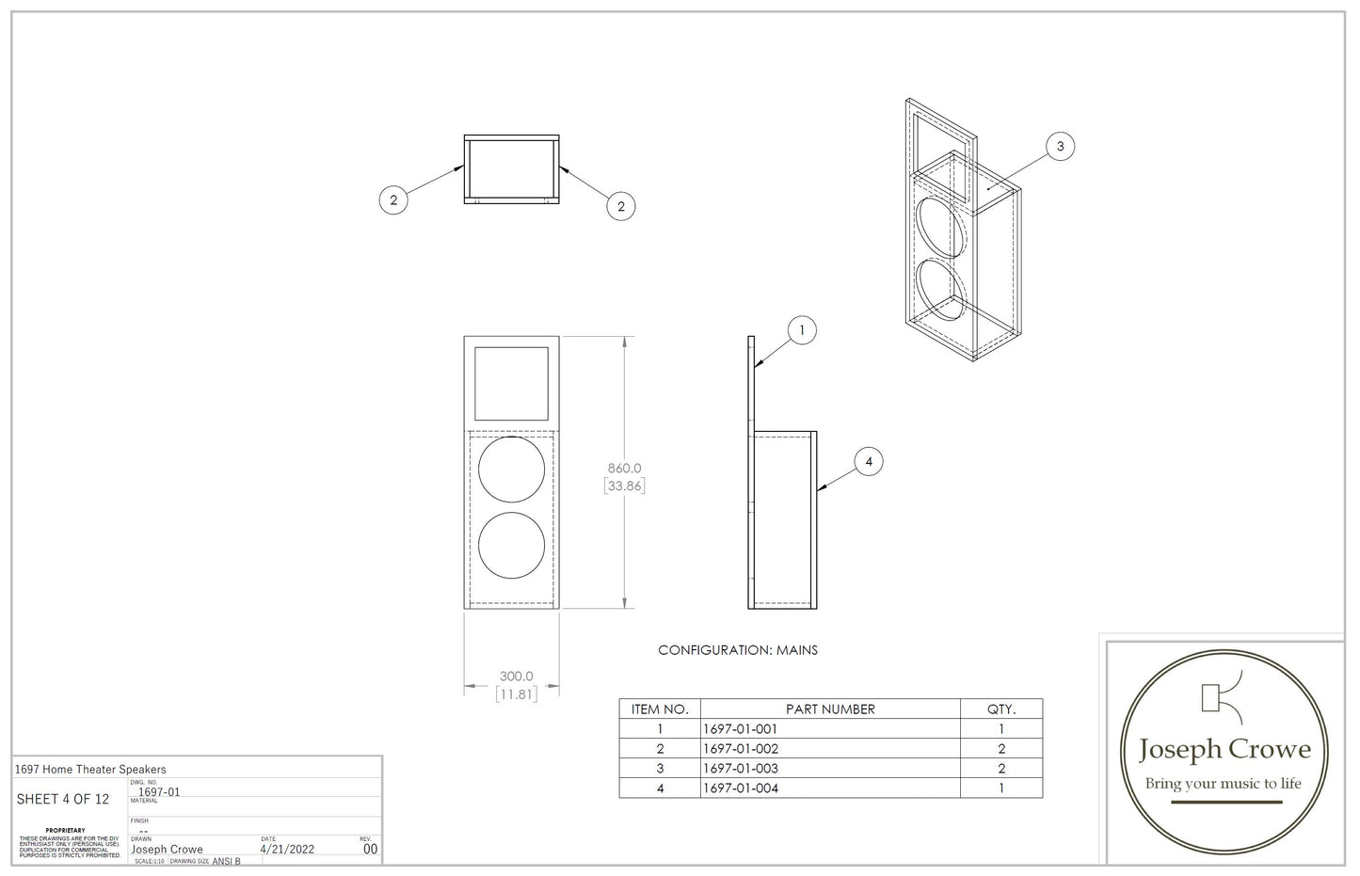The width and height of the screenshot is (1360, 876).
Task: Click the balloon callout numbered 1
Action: coord(802,330)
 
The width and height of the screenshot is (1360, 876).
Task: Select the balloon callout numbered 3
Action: coord(1061,146)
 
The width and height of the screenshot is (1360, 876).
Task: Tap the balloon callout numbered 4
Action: coord(869,461)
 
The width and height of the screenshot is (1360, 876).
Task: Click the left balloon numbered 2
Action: coord(393,199)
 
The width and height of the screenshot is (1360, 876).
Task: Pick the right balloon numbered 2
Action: coord(620,206)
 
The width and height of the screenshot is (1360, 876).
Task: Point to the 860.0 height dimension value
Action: coord(624,468)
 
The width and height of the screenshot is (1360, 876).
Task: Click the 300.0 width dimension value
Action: coord(516,676)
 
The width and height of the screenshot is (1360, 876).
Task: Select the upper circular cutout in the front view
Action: coord(512,470)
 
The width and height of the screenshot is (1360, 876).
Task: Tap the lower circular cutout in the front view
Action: coord(512,546)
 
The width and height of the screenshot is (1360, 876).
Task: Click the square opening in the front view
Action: coord(511,384)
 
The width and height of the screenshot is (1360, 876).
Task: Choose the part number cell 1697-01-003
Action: coord(741,769)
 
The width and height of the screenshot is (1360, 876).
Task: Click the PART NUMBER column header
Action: coord(830,709)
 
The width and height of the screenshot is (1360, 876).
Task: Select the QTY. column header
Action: coord(1000,709)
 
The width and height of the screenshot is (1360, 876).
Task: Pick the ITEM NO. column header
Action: coord(660,709)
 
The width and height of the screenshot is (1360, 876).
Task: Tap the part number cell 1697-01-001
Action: coord(741,729)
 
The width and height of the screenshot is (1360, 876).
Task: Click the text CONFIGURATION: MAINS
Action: coord(738,650)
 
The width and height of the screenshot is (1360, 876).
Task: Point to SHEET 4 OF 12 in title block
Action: coord(63,800)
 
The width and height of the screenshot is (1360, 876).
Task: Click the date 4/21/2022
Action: coord(287,849)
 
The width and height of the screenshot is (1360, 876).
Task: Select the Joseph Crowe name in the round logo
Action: coord(1224,749)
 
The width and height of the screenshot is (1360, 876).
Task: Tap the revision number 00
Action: coord(370,849)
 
